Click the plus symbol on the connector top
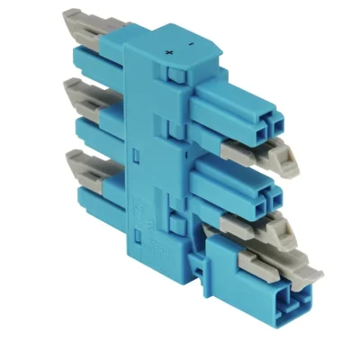169,53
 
